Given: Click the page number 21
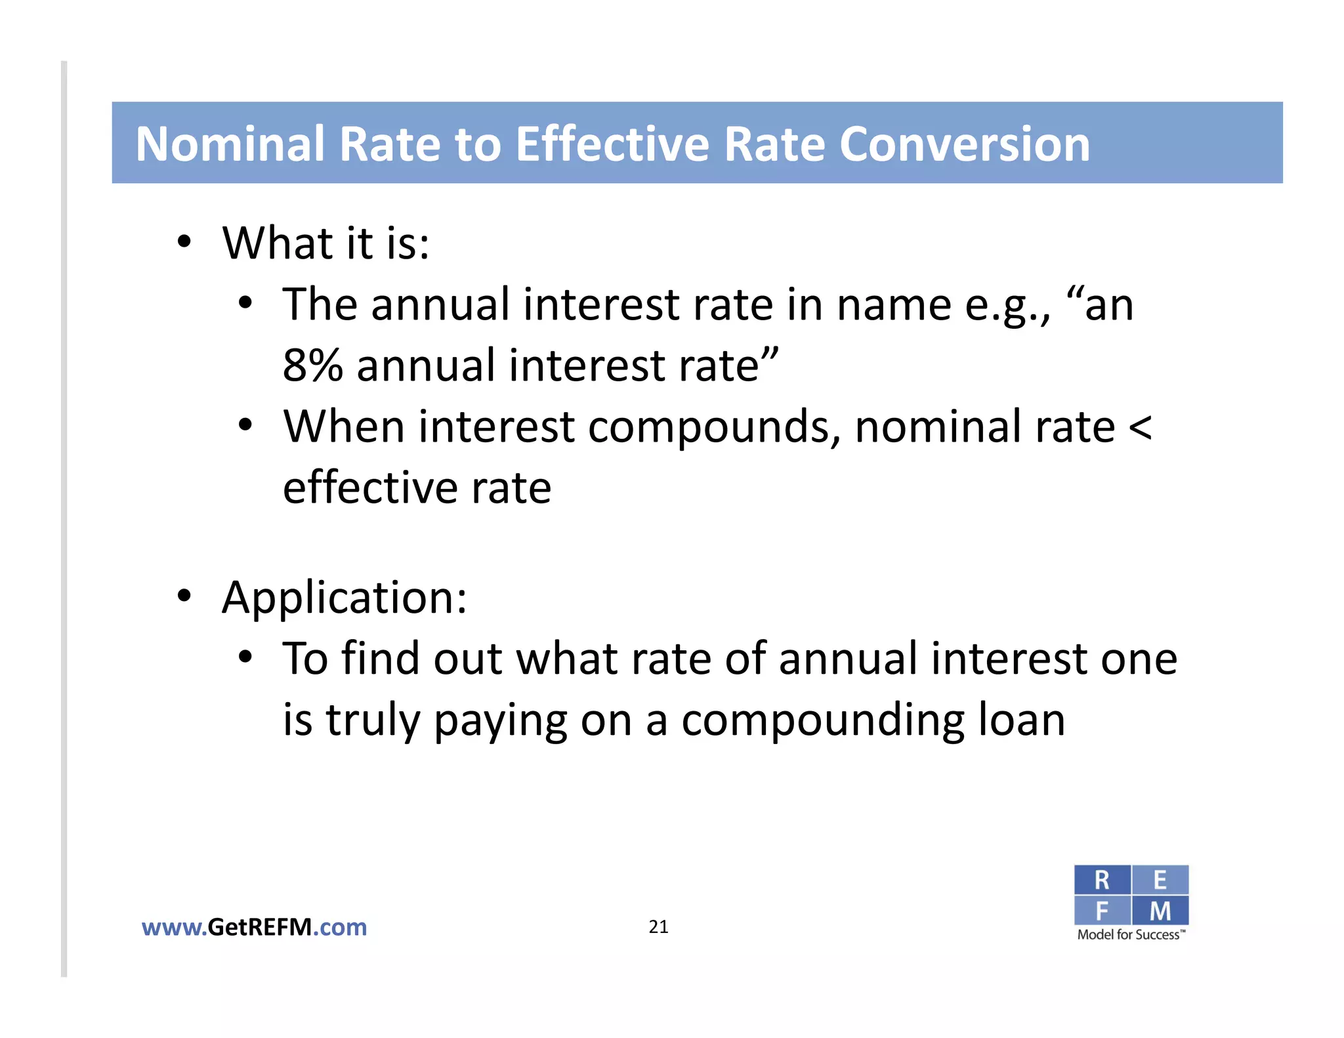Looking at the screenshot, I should [x=658, y=926].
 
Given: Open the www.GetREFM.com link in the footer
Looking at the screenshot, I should [x=254, y=927].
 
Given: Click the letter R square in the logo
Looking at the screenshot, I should [x=1102, y=880].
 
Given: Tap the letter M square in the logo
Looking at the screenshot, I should [x=1160, y=911].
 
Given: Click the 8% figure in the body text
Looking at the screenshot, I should [x=312, y=365].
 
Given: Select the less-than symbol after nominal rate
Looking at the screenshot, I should [x=1140, y=427].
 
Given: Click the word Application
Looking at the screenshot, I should [x=344, y=598].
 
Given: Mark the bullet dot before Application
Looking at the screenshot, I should [x=184, y=596].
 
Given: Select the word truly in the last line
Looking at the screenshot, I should [x=372, y=720].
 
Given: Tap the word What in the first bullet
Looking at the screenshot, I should [x=277, y=243].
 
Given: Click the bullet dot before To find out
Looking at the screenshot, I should [x=245, y=657].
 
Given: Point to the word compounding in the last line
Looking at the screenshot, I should [x=823, y=720].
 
